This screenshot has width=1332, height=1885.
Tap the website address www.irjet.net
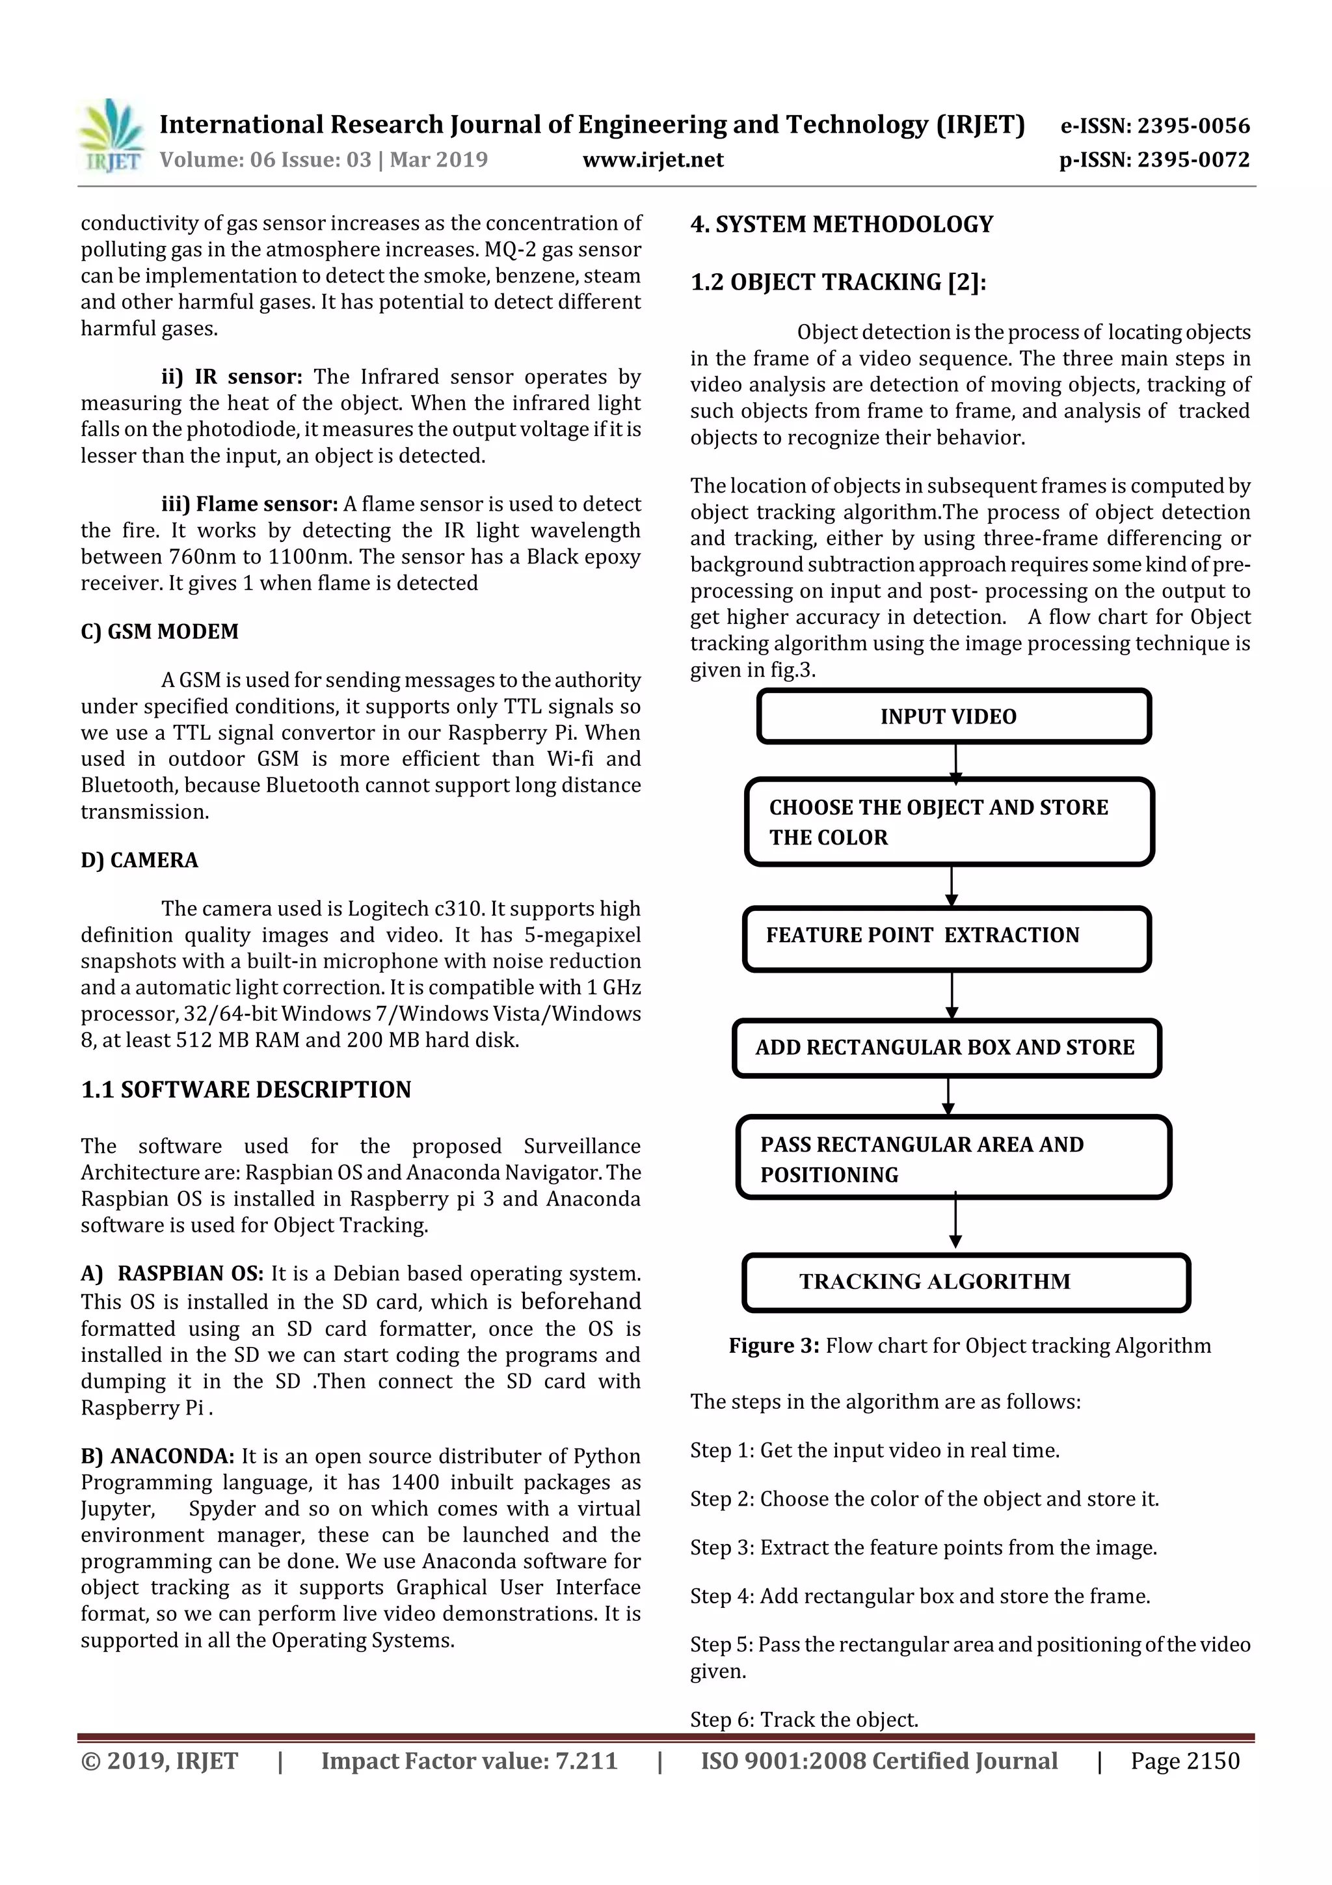point(652,159)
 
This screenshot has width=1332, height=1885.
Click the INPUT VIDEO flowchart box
point(953,717)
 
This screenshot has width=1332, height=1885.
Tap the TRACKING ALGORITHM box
point(965,1282)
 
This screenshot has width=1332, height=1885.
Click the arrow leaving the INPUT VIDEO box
point(955,761)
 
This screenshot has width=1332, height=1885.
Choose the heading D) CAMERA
point(140,860)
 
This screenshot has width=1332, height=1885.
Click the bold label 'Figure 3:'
point(773,1346)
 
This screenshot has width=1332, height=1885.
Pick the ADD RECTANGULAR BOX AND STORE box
point(946,1048)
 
